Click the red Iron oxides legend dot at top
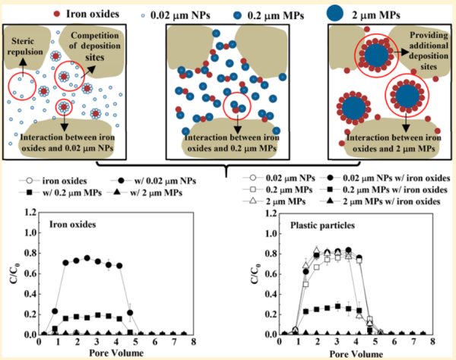click(57, 14)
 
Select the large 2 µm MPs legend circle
click(335, 14)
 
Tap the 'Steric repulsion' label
click(24, 46)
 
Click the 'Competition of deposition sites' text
click(95, 46)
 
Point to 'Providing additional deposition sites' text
click(429, 51)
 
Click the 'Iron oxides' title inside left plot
click(72, 224)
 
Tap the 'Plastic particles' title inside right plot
click(322, 225)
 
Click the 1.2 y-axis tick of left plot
click(30, 213)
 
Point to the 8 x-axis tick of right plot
click(432, 341)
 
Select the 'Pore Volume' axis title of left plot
click(116, 352)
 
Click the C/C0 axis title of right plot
click(255, 273)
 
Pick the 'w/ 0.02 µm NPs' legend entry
click(154, 181)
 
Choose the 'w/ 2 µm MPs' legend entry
click(145, 193)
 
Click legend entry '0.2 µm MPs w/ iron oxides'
click(383, 190)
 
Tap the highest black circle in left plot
click(87, 258)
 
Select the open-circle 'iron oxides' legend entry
click(53, 181)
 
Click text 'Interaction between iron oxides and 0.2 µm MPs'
click(232, 143)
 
